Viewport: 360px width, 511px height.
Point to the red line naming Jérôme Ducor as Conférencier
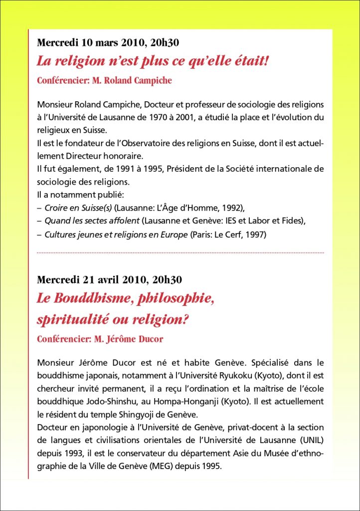tap(100, 339)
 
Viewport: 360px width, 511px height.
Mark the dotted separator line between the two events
tap(180, 253)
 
